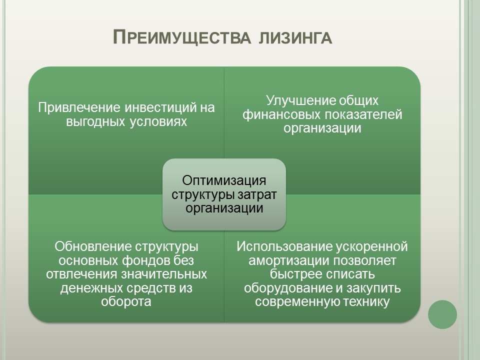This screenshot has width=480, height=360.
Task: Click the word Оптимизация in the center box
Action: (x=224, y=180)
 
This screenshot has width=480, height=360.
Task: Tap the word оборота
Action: (x=126, y=302)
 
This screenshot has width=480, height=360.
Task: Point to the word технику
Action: (x=364, y=302)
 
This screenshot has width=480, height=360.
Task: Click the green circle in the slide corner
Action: (x=442, y=314)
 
